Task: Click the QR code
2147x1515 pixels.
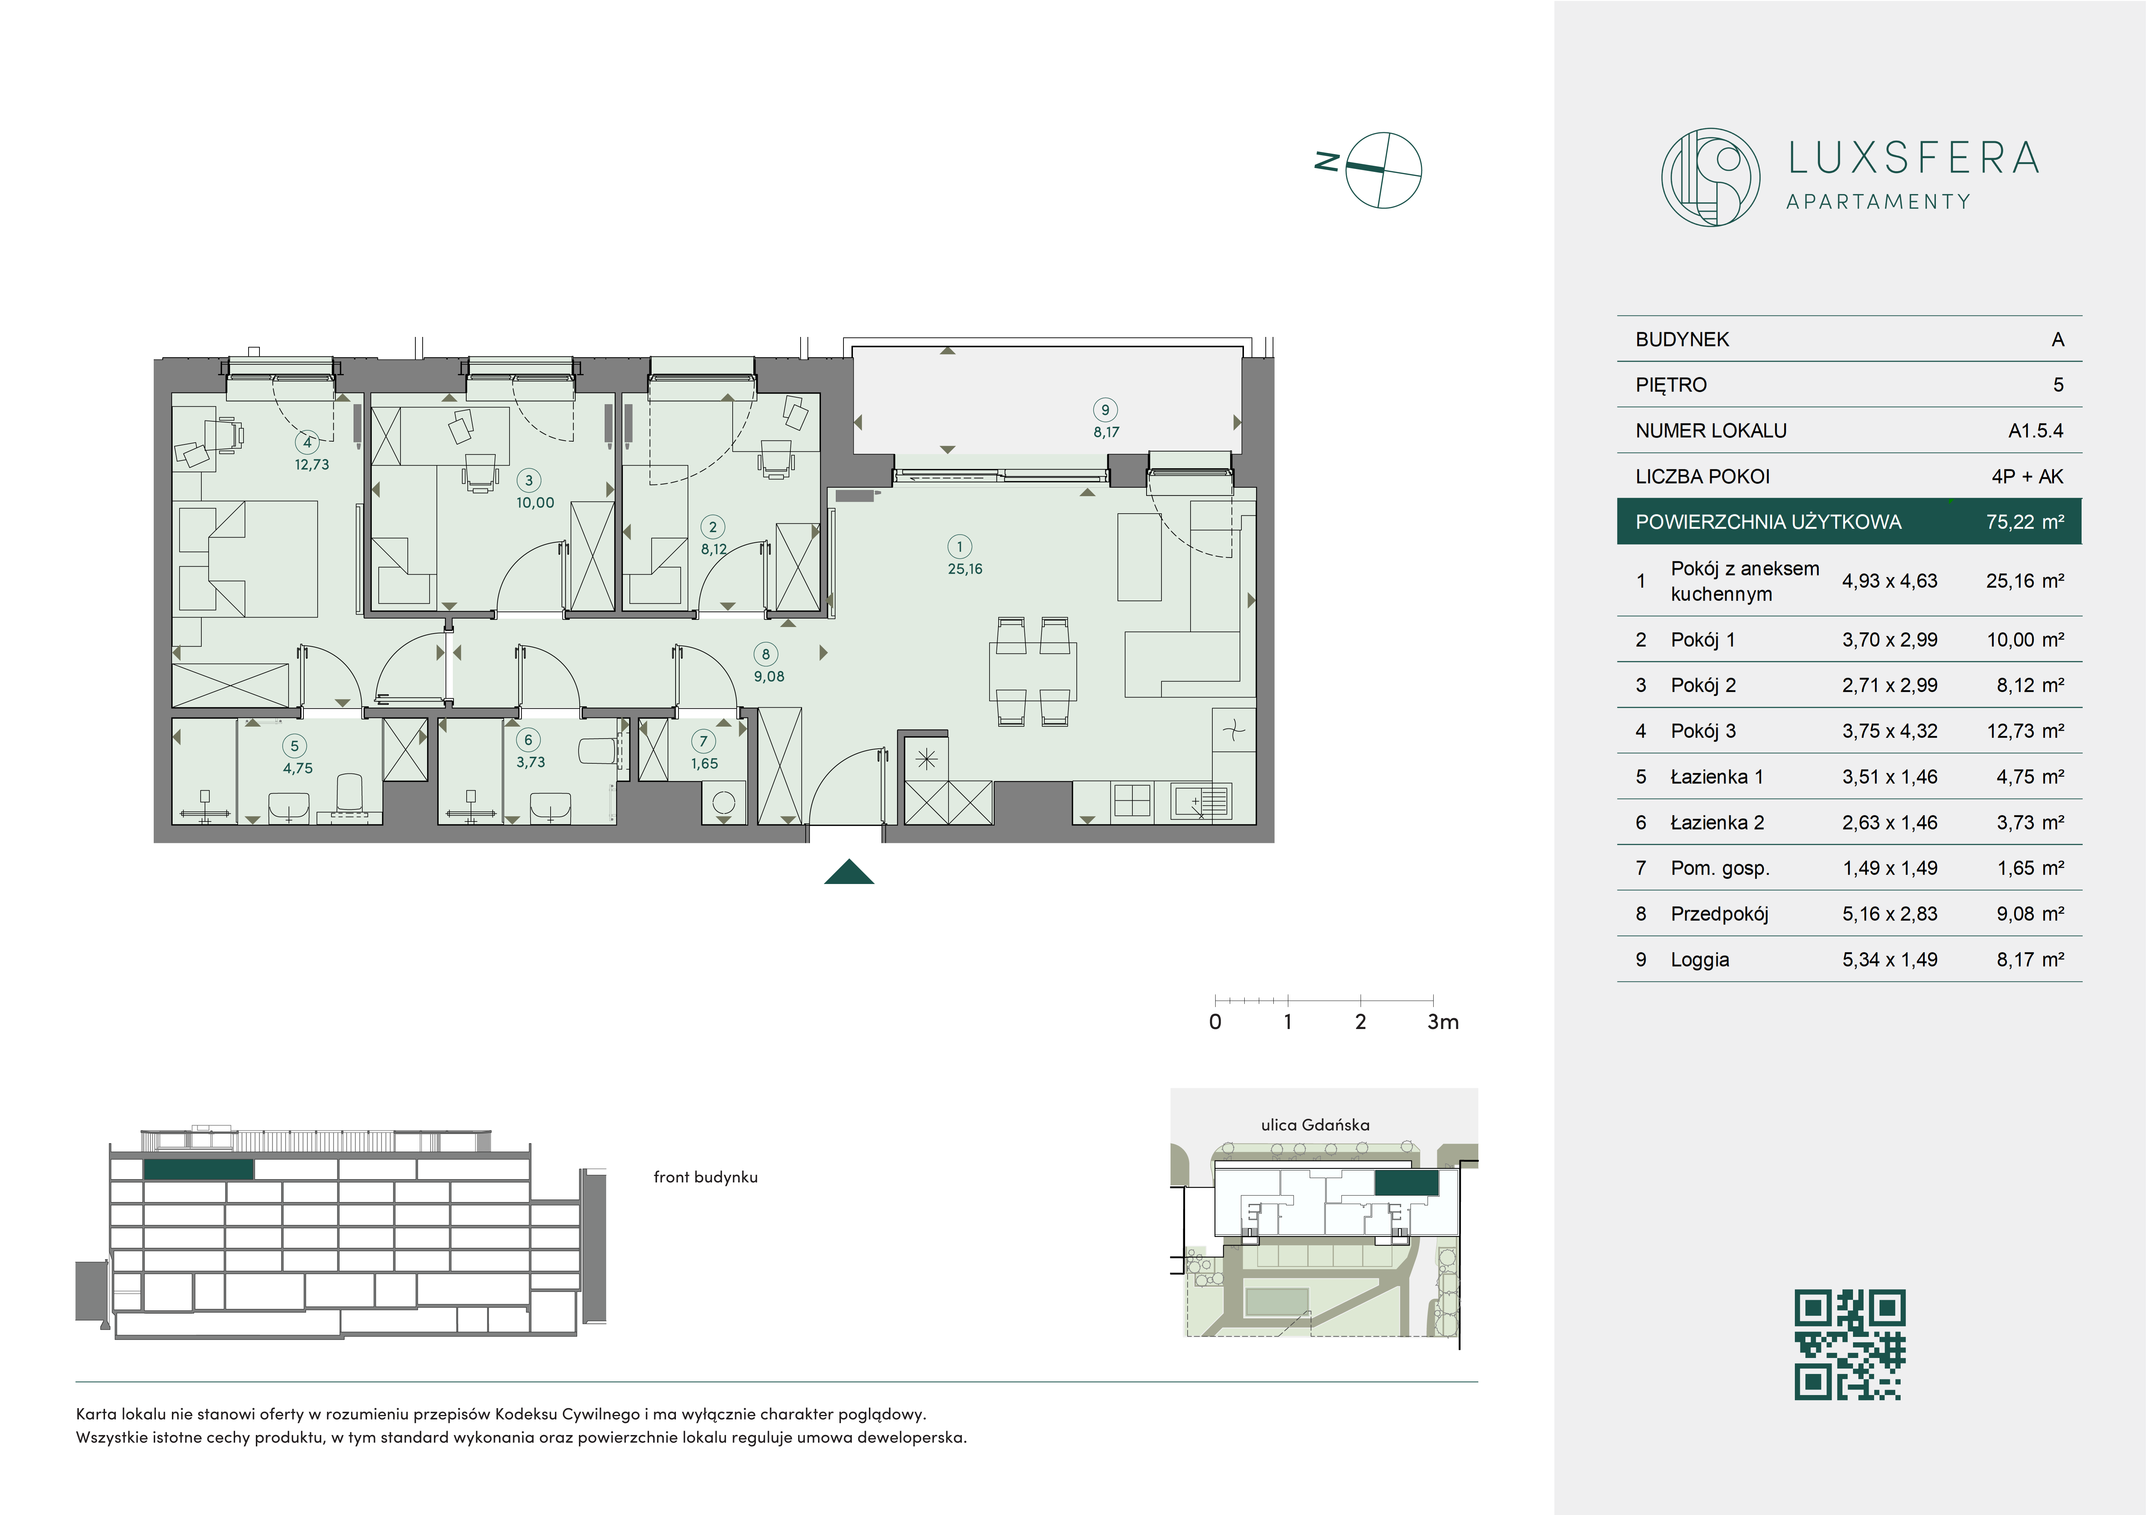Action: click(1850, 1345)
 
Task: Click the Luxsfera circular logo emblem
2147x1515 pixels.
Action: click(1710, 177)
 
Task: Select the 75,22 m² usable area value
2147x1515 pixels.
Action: click(2025, 522)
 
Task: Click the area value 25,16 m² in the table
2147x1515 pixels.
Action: click(2025, 581)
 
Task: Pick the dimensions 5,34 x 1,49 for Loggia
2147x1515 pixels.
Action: click(1890, 960)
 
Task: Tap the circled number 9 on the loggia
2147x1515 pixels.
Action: click(1105, 410)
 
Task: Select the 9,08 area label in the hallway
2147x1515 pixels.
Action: click(769, 676)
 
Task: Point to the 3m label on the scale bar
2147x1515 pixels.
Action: click(1443, 1022)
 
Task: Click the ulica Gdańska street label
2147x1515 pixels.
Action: click(1315, 1125)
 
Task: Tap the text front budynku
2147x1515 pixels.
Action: click(705, 1177)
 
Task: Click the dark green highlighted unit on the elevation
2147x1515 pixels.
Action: click(198, 1169)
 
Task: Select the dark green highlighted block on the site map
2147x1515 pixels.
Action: click(1406, 1183)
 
